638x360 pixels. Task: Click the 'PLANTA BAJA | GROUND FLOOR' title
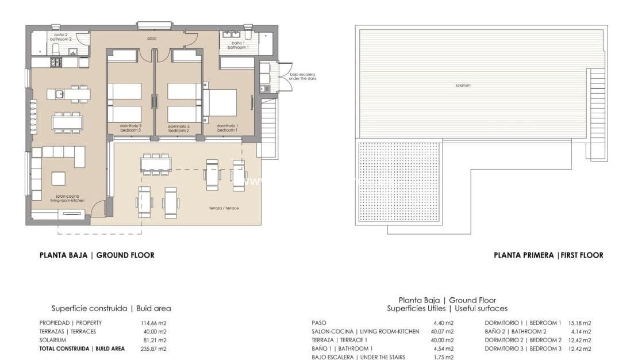(x=97, y=255)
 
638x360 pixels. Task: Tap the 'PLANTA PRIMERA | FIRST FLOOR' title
(x=548, y=255)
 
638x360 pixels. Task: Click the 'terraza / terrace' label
(x=224, y=208)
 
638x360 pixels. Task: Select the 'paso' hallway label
(x=152, y=39)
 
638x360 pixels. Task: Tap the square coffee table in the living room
(x=59, y=178)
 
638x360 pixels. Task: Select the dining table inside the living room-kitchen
(x=67, y=122)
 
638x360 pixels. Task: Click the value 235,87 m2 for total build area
(x=153, y=348)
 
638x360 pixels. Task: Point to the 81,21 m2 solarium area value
(x=153, y=340)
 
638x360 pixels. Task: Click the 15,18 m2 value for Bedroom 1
(x=579, y=323)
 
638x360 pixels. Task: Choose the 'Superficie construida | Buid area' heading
(x=111, y=308)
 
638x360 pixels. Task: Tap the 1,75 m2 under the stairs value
(x=443, y=357)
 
